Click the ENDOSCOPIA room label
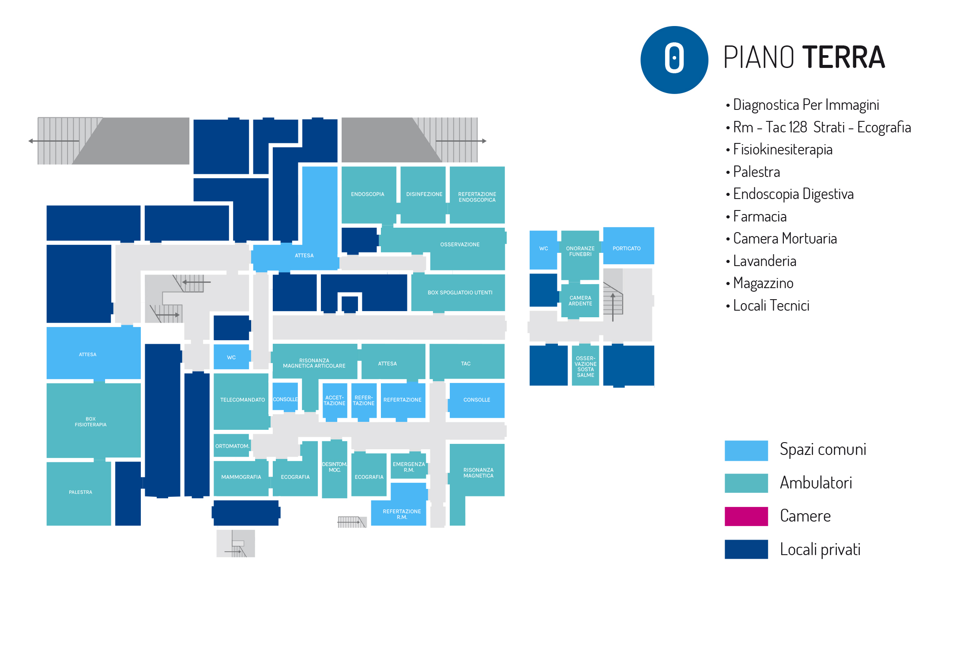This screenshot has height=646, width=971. pos(367,194)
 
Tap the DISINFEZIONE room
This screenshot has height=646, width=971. pos(424,194)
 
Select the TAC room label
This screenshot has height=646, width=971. pos(466,364)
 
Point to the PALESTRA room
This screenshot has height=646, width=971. pos(80,492)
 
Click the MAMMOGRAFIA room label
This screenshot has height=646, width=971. pos(241,477)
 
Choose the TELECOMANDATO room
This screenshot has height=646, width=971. pos(242,400)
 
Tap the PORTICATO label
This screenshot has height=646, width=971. pos(626,248)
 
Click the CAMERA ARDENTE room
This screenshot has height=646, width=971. pos(580,301)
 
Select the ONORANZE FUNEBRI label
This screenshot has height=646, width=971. pos(580,251)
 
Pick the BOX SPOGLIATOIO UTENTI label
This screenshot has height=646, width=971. pos(460,293)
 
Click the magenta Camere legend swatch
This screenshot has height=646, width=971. pos(746,516)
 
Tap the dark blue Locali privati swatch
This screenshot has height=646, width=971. pos(746,549)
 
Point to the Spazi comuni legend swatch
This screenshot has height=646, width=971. pos(746,451)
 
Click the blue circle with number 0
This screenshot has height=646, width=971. pos(674,60)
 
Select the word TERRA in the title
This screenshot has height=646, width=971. pos(843,58)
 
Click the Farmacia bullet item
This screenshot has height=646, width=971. pos(760,217)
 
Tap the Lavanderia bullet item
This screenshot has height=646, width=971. pos(764,261)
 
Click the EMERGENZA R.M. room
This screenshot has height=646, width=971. pos(409,467)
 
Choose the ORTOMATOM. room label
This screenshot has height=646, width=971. pos(232,446)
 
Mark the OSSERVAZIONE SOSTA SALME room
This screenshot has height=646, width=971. pos(585,367)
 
